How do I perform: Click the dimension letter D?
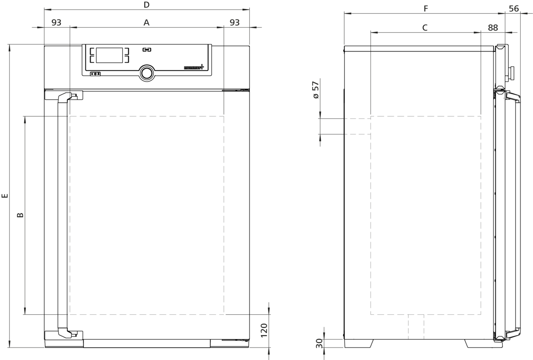tap(147, 5)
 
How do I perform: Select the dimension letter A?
tap(147, 23)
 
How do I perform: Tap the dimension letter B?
tap(20, 215)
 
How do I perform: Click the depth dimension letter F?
tap(426, 8)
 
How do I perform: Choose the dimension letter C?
tap(425, 28)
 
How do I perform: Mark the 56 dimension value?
tap(514, 8)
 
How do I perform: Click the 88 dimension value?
tap(493, 28)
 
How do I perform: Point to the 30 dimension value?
tap(319, 344)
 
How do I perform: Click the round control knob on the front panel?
tap(147, 73)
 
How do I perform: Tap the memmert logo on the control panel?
tap(194, 67)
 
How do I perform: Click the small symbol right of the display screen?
tap(147, 50)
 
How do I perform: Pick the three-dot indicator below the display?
tap(95, 74)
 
